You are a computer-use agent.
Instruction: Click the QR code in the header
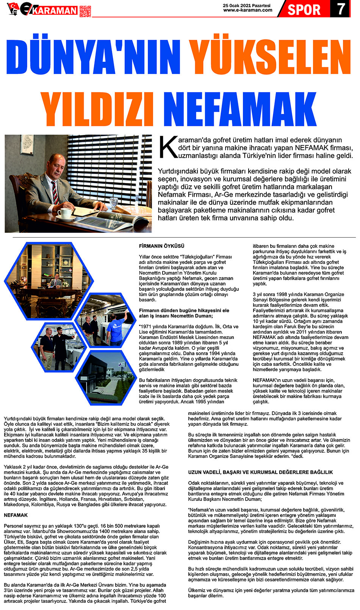[x=85, y=11]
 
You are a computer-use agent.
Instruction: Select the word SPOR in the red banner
[x=304, y=9]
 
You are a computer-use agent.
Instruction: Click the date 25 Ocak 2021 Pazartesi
[x=247, y=6]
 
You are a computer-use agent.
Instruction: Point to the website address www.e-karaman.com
[x=247, y=10]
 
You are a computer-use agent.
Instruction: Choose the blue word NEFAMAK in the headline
[x=239, y=109]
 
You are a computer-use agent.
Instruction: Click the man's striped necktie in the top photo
[x=55, y=192]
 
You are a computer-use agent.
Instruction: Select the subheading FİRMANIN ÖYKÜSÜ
[x=161, y=246]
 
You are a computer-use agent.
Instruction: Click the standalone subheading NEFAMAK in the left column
[x=16, y=515]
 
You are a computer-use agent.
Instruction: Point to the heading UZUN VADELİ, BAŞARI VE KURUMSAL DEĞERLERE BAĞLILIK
[x=260, y=472]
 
